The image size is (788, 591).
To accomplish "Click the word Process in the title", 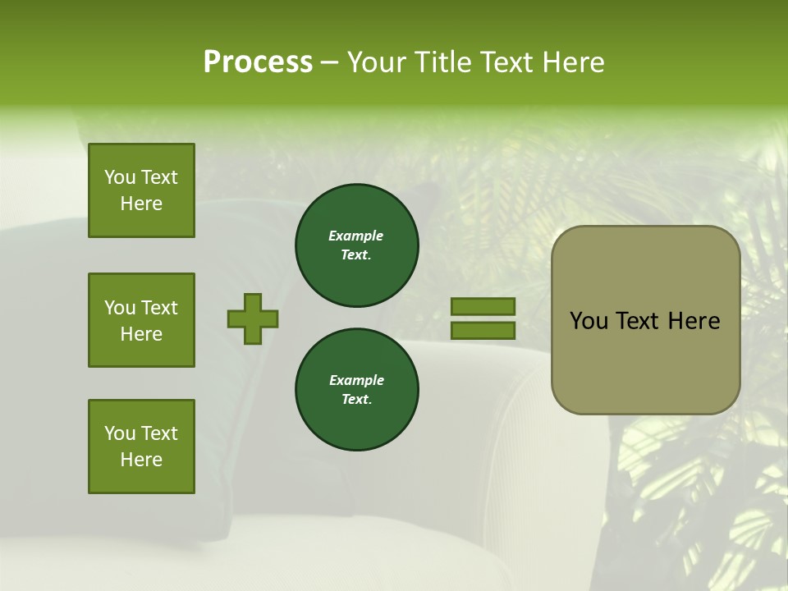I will click(258, 62).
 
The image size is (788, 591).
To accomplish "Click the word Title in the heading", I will click(442, 62).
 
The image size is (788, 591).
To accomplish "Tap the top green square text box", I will click(141, 190).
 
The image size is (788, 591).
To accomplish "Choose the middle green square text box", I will click(141, 320).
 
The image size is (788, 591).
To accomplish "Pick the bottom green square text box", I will click(141, 447).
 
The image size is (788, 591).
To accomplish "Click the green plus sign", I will click(253, 318).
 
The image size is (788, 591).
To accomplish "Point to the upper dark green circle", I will click(356, 245).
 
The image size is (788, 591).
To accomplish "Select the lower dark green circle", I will click(356, 389).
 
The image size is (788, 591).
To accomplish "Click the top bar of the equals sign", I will click(483, 306).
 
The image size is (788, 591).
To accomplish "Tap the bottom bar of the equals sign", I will click(483, 331).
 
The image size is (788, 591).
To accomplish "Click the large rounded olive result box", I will click(645, 361).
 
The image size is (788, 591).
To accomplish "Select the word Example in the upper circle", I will click(355, 236).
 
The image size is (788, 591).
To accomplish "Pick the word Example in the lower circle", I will click(356, 380).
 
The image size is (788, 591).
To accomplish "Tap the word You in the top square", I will click(120, 177).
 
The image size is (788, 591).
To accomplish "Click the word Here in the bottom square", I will click(141, 460).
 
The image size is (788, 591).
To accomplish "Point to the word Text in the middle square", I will click(158, 308).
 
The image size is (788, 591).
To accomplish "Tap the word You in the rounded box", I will click(589, 321).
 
